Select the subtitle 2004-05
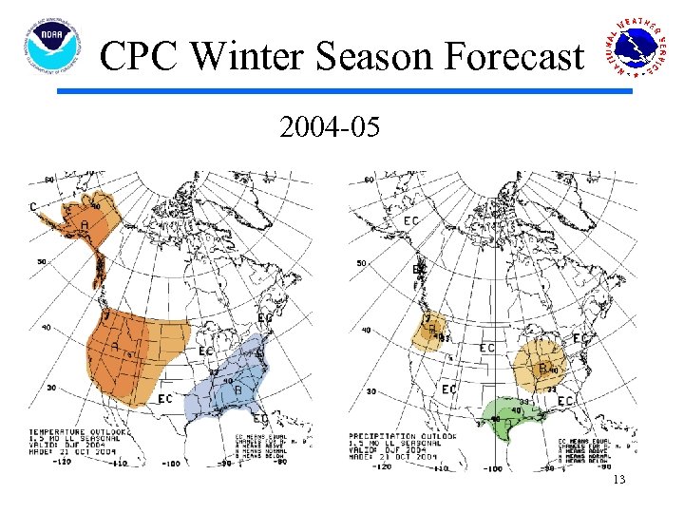[x=330, y=126]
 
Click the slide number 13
[x=618, y=480]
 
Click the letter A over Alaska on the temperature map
[x=85, y=225]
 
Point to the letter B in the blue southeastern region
[x=237, y=389]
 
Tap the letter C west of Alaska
[x=34, y=206]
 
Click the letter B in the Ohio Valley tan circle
[x=542, y=368]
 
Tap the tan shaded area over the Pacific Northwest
[x=430, y=332]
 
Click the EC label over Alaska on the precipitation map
[x=410, y=220]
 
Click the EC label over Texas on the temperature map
[x=164, y=397]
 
